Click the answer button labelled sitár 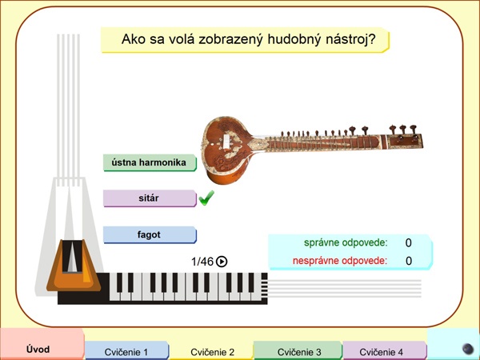pos(150,198)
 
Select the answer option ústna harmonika pos(150,162)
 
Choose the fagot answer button pos(150,234)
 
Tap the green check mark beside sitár pos(206,198)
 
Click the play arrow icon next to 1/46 pos(222,262)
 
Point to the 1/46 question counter pos(202,262)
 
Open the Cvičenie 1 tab pos(126,351)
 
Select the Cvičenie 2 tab pos(212,352)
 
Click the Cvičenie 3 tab pos(298,351)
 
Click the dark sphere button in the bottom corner pos(467,349)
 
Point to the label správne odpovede pos(346,242)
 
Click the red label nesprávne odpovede pos(340,261)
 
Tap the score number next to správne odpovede pos(408,242)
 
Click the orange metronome pos(74,266)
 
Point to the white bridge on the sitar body pos(226,142)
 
